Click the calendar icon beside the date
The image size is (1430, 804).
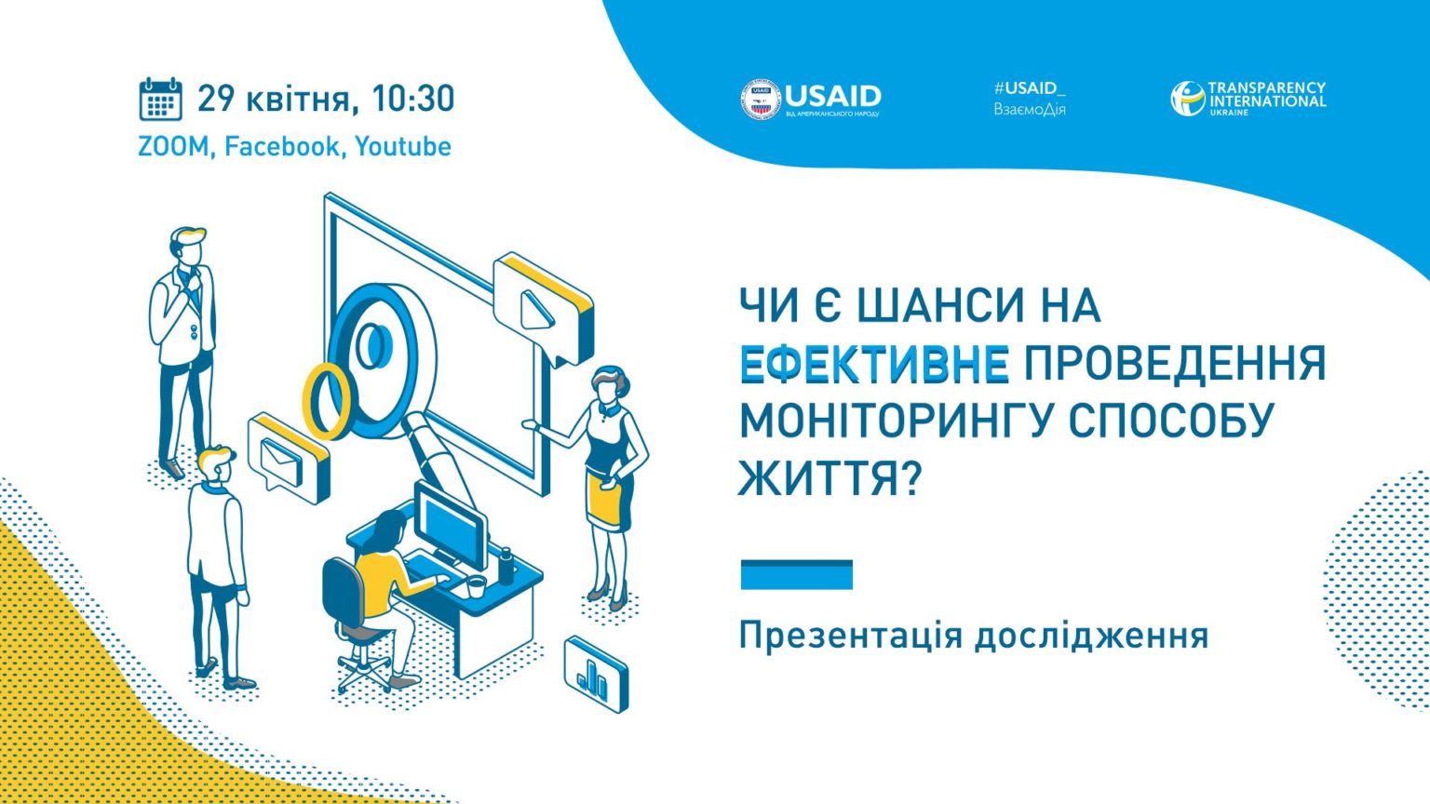tap(161, 99)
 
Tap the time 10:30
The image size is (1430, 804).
tap(413, 99)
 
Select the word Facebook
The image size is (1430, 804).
tap(281, 146)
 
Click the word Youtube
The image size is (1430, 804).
tap(403, 146)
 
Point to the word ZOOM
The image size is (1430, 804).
tap(173, 147)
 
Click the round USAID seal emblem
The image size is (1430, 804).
tap(761, 99)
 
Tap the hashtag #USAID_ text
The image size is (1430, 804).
tap(1029, 88)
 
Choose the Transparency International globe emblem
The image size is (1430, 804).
tap(1187, 99)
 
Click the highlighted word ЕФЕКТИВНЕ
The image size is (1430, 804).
tap(874, 364)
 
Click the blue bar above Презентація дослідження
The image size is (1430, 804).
tap(796, 574)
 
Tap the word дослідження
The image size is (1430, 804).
tap(1091, 636)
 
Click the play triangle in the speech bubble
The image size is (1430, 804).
tap(535, 311)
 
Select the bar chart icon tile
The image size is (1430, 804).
tap(596, 675)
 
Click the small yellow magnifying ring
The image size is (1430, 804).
tap(326, 401)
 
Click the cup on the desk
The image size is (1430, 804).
tap(477, 586)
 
